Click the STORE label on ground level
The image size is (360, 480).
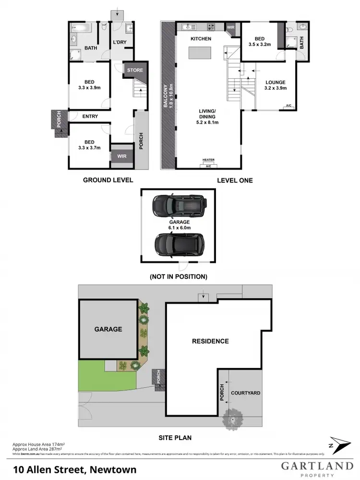coord(135,70)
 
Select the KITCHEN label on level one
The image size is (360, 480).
coord(201,38)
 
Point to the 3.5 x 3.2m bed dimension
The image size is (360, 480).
coord(259,44)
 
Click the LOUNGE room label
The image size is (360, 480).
coord(276,82)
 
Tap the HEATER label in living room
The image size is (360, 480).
coord(209,160)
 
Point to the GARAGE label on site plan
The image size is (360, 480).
coord(108,329)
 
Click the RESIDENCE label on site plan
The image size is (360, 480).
coord(210,341)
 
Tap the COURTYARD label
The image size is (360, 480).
coord(246,393)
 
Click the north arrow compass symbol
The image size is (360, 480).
coord(336,444)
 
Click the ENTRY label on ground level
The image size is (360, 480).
coord(90,116)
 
